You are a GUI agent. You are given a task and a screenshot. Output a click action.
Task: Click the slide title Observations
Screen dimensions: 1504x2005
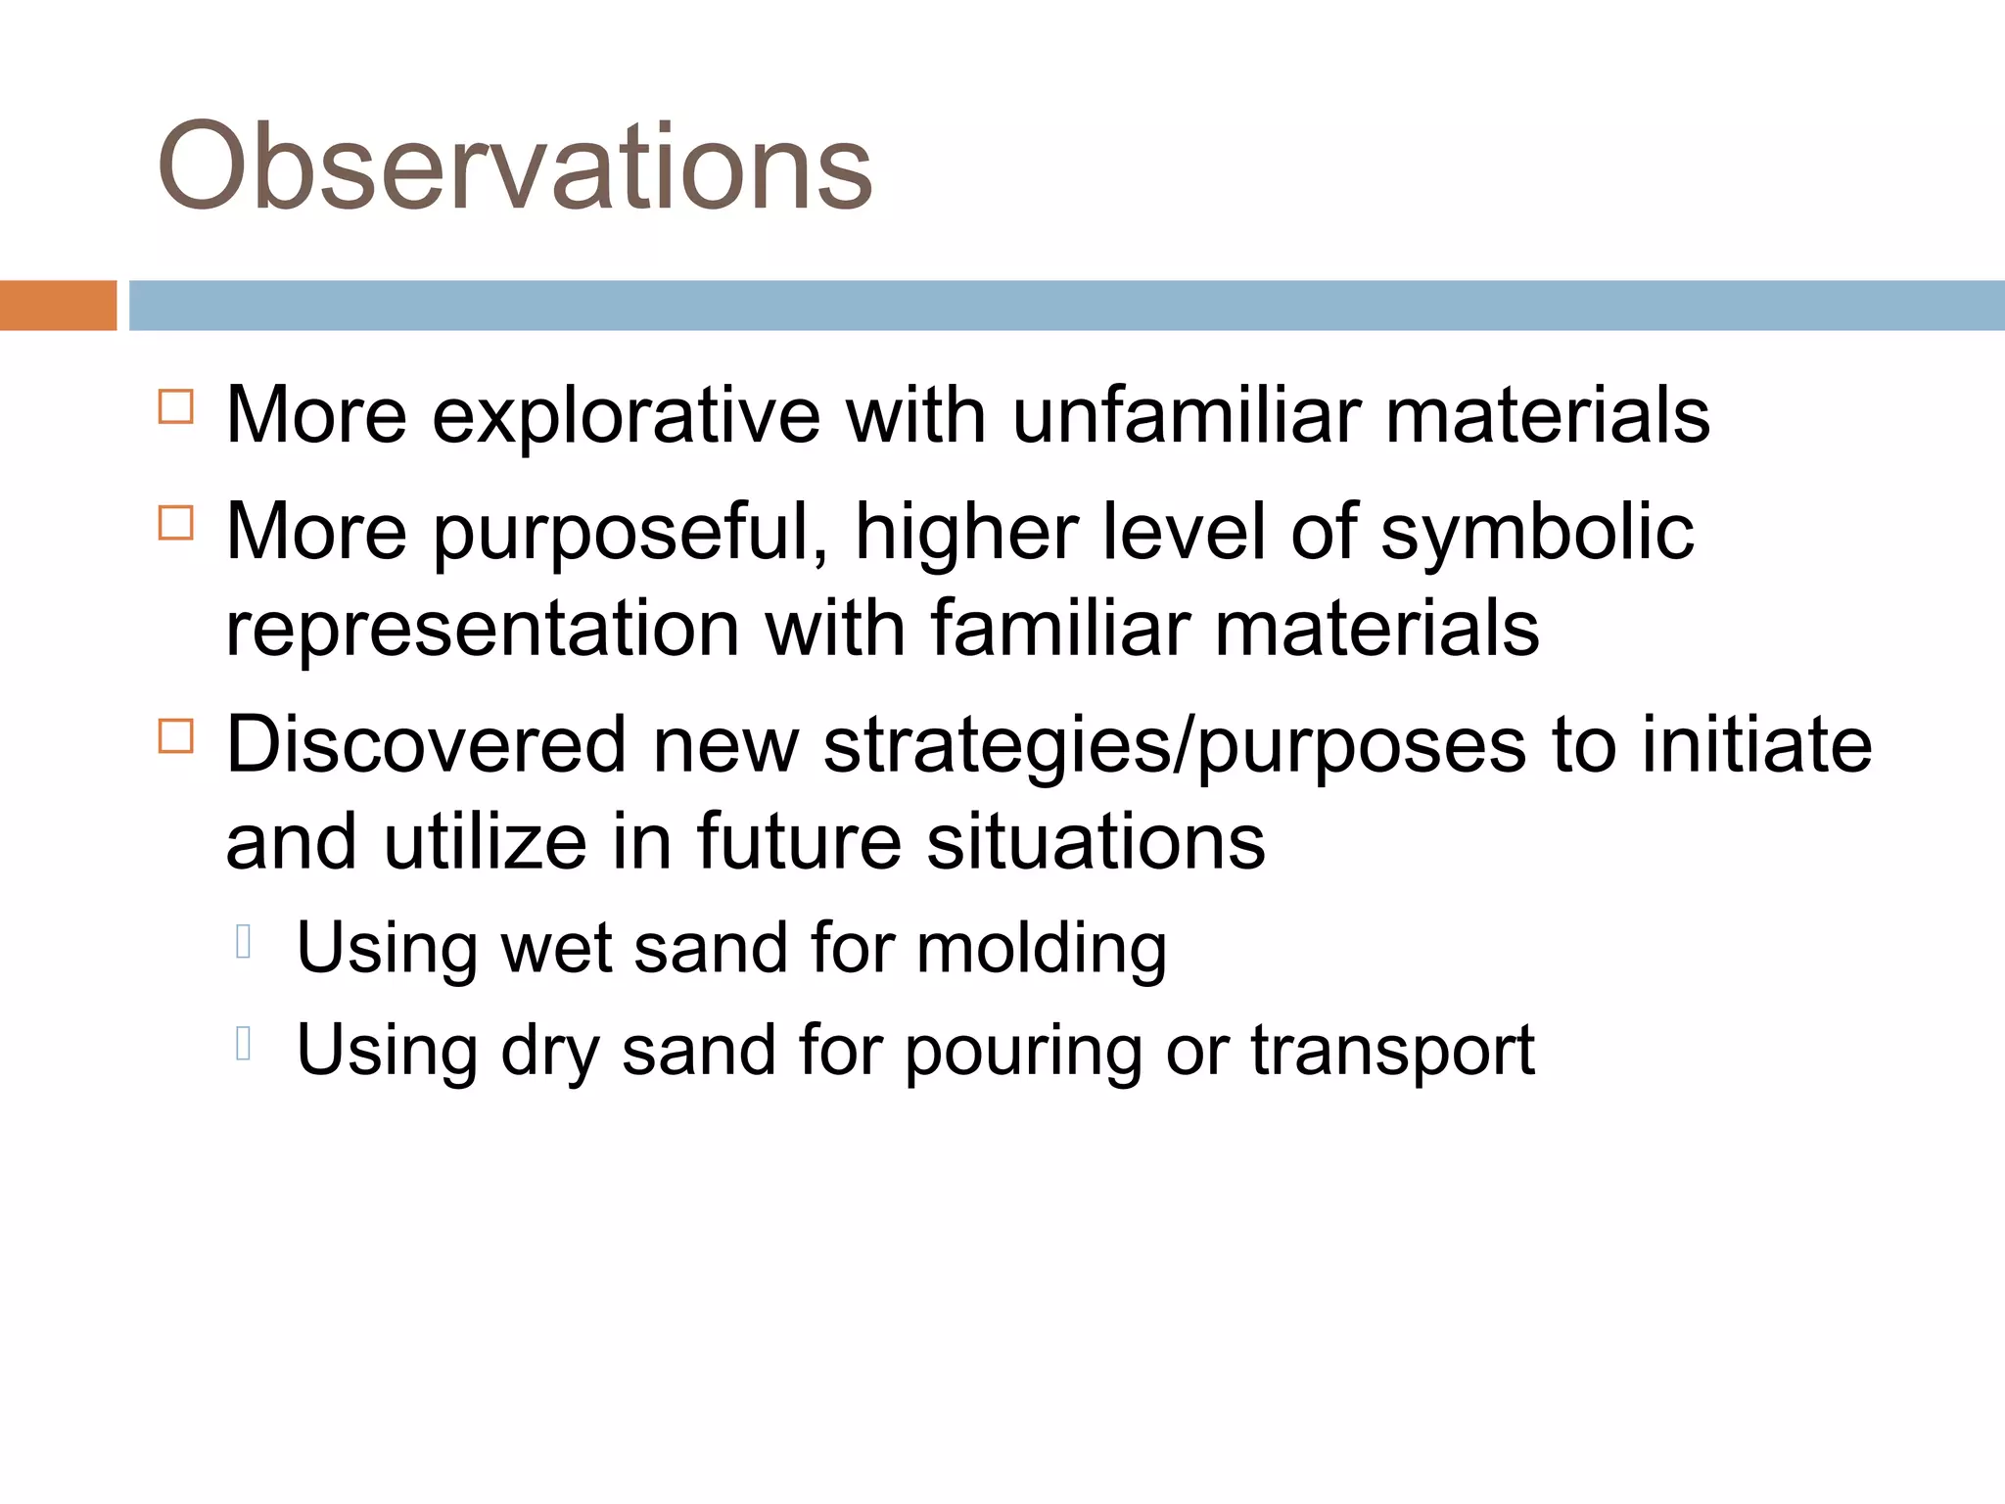[x=514, y=166]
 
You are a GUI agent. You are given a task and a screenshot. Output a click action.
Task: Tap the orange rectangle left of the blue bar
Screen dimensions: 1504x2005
[x=58, y=305]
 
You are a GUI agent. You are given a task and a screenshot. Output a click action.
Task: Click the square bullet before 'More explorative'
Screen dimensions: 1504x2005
[x=176, y=406]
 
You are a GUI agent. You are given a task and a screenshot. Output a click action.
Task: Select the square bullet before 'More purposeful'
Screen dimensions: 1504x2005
[x=176, y=523]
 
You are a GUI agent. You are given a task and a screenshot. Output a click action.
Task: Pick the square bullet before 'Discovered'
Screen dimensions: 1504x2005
[x=176, y=736]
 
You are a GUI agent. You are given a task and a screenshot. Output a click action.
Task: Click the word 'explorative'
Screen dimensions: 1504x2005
[x=626, y=416]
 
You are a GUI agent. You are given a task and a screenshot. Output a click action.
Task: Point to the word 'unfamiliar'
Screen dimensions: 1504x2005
[x=1186, y=416]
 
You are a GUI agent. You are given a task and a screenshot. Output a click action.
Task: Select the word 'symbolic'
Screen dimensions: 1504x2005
[x=1537, y=534]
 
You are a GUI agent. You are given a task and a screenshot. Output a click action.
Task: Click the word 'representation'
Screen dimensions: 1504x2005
[x=482, y=629]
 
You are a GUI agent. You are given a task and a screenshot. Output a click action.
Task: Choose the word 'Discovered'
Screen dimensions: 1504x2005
[x=426, y=746]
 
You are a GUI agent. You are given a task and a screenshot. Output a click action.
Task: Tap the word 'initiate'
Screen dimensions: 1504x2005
[x=1756, y=746]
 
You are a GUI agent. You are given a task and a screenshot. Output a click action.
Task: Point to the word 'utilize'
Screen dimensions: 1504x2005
[x=485, y=842]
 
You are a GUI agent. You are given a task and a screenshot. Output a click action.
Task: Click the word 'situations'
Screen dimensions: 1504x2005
[x=1096, y=842]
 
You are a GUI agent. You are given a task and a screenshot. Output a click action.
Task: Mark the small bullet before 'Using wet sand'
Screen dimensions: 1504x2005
[x=245, y=942]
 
